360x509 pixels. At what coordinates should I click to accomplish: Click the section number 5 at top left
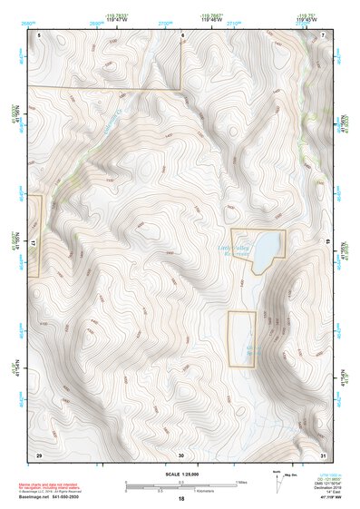[x=40, y=34]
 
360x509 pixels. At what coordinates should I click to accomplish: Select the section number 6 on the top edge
[x=182, y=34]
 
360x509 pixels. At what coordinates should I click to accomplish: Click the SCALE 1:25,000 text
[x=180, y=475]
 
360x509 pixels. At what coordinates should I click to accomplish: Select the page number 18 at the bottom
[x=180, y=498]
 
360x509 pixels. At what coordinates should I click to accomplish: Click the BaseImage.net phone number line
[x=51, y=496]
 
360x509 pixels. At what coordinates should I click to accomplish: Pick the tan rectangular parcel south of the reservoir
[x=241, y=338]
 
